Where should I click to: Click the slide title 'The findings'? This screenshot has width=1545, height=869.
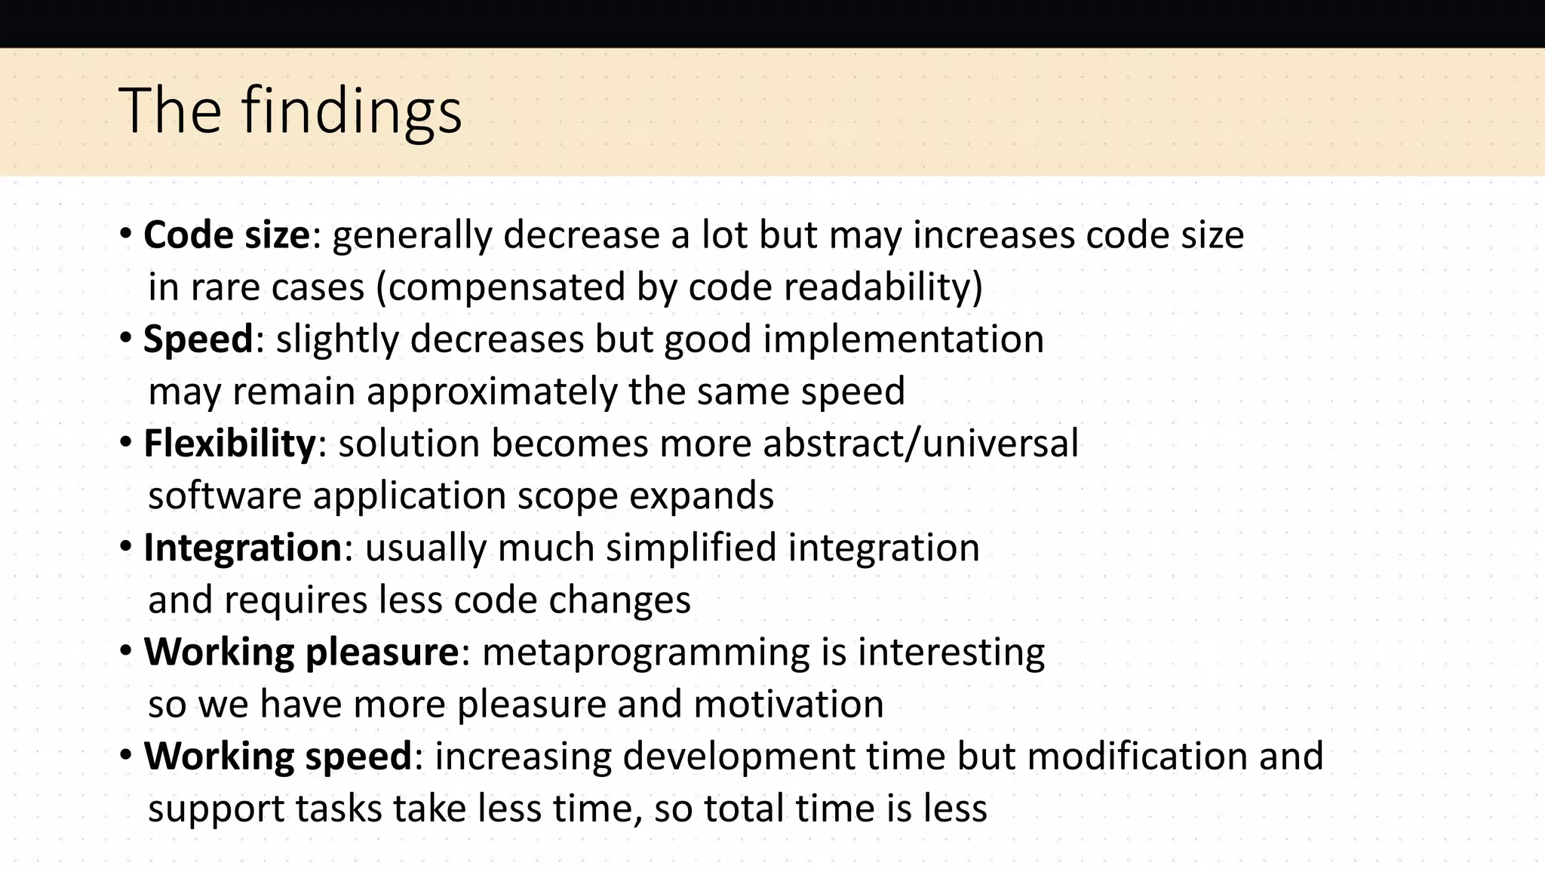click(290, 111)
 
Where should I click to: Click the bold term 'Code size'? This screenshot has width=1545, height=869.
click(226, 235)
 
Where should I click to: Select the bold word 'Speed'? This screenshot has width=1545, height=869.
click(198, 339)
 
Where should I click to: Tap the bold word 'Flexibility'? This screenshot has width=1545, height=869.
click(229, 443)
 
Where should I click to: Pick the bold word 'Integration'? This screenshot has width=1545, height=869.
click(243, 548)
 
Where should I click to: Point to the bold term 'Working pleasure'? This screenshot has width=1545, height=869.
click(301, 652)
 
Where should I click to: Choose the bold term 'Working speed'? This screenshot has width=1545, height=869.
click(278, 756)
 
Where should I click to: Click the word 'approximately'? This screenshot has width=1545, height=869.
click(492, 392)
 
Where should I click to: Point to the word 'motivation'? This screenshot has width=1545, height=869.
click(788, 704)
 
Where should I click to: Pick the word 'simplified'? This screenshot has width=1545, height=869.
click(690, 548)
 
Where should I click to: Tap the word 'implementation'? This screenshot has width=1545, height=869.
click(903, 339)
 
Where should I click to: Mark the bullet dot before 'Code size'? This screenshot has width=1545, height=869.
click(126, 234)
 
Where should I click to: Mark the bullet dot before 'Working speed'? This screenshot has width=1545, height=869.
click(126, 755)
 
